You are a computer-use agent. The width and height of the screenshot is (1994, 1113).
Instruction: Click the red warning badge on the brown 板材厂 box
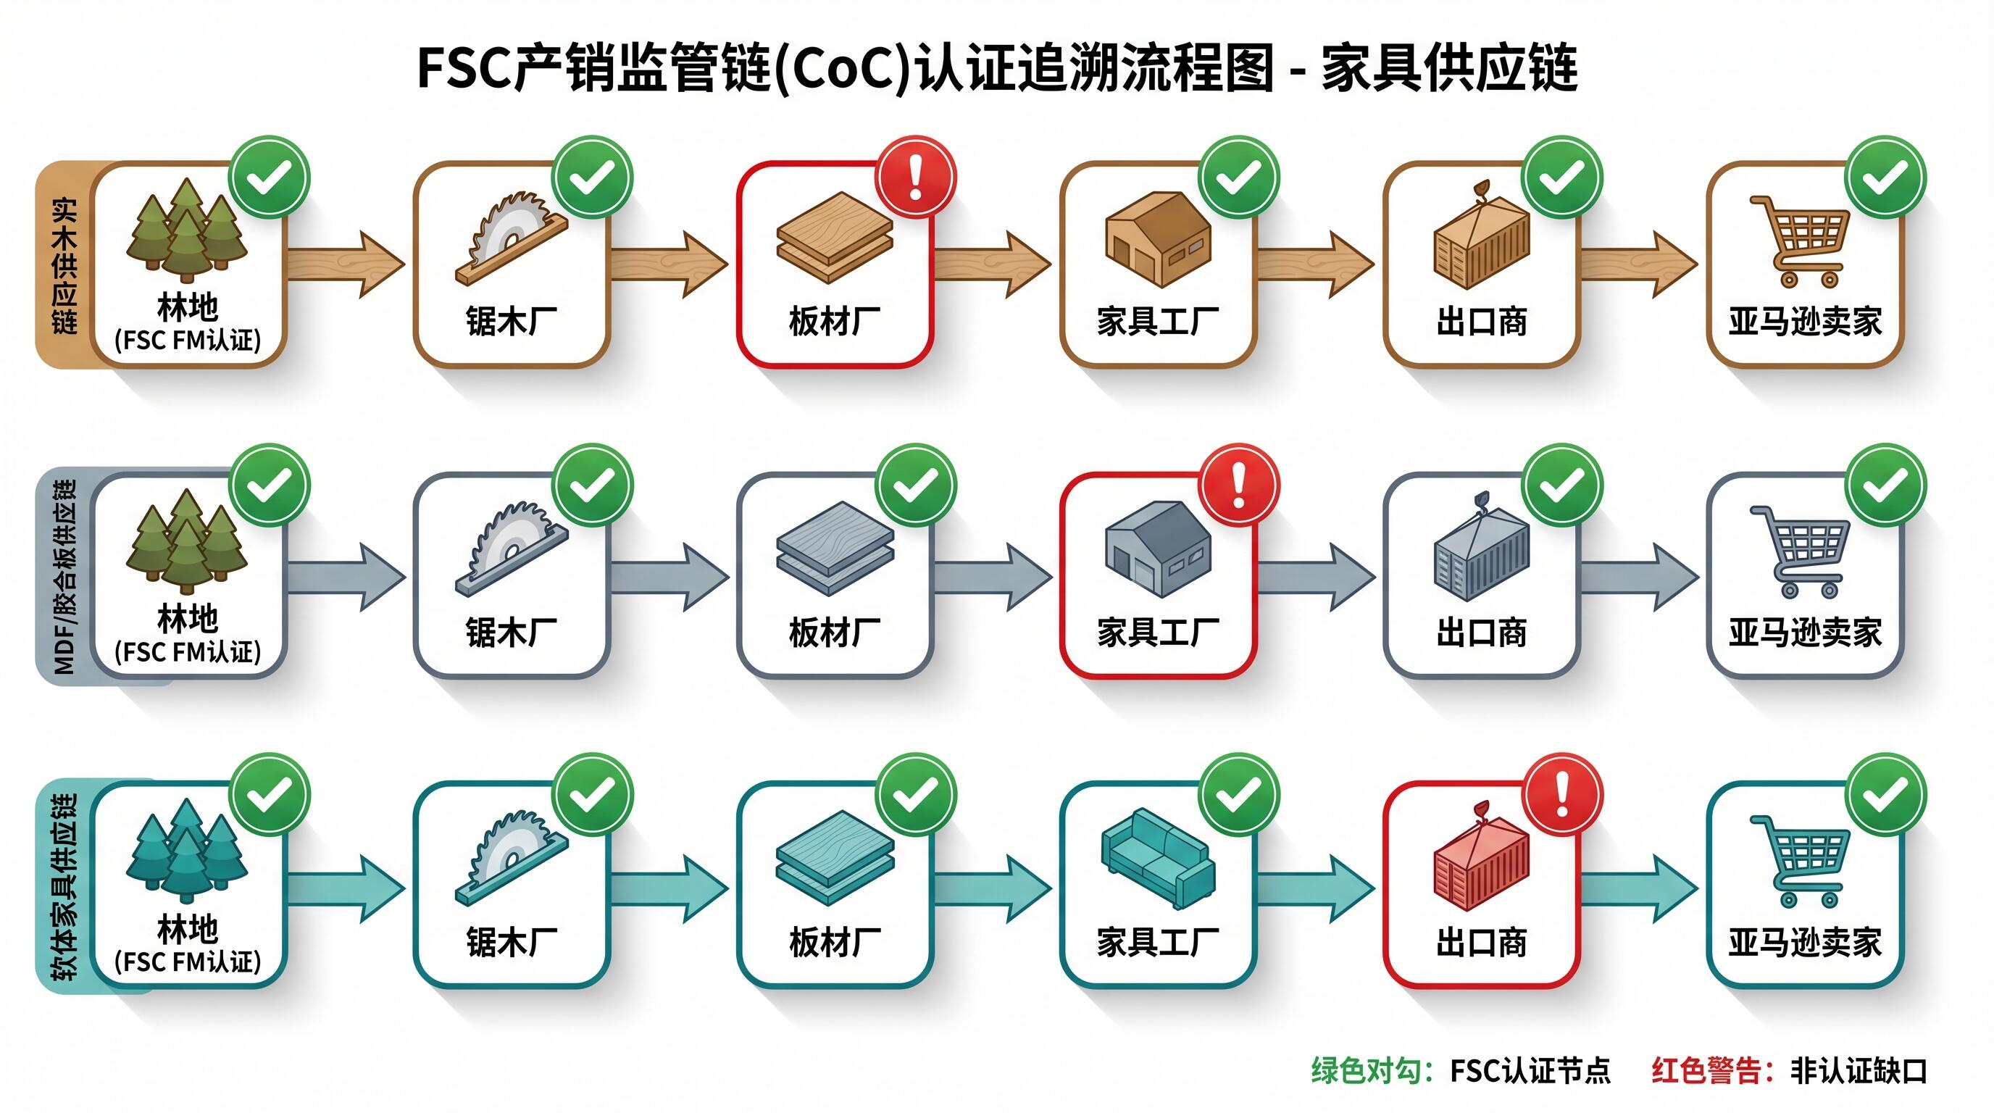pos(916,178)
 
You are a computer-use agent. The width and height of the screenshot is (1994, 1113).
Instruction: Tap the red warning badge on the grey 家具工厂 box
pos(1238,485)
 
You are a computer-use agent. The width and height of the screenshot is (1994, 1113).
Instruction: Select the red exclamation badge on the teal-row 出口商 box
pos(1562,795)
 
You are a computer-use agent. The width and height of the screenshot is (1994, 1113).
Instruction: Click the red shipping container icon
pos(1481,863)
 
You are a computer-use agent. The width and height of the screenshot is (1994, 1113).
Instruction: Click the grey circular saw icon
pos(511,549)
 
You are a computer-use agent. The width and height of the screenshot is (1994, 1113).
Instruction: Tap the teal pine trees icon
pos(186,850)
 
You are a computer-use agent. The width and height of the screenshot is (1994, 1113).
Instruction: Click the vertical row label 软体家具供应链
pos(64,886)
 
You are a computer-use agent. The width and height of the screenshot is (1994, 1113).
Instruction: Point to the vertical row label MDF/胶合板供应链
pos(64,577)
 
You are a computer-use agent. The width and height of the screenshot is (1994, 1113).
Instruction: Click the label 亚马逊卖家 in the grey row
pos(1805,633)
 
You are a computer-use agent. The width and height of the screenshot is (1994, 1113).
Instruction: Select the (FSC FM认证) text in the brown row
pos(188,340)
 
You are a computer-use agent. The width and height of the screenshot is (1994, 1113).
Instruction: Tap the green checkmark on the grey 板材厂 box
pos(916,485)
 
